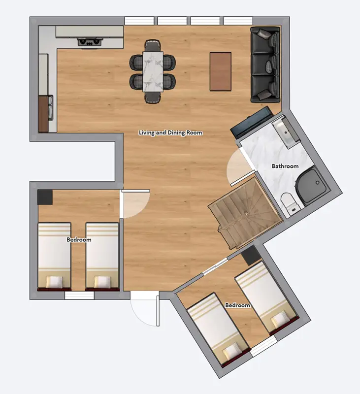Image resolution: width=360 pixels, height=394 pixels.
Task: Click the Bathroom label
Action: tap(285, 166)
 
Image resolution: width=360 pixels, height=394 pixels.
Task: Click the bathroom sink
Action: tap(285, 131)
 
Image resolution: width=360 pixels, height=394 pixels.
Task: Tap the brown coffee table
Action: tap(220, 71)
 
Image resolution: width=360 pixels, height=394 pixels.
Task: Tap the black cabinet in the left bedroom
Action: tap(45, 197)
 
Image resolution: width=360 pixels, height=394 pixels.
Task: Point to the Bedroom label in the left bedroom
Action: tap(79, 240)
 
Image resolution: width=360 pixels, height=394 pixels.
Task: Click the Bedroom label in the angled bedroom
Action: tap(237, 305)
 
